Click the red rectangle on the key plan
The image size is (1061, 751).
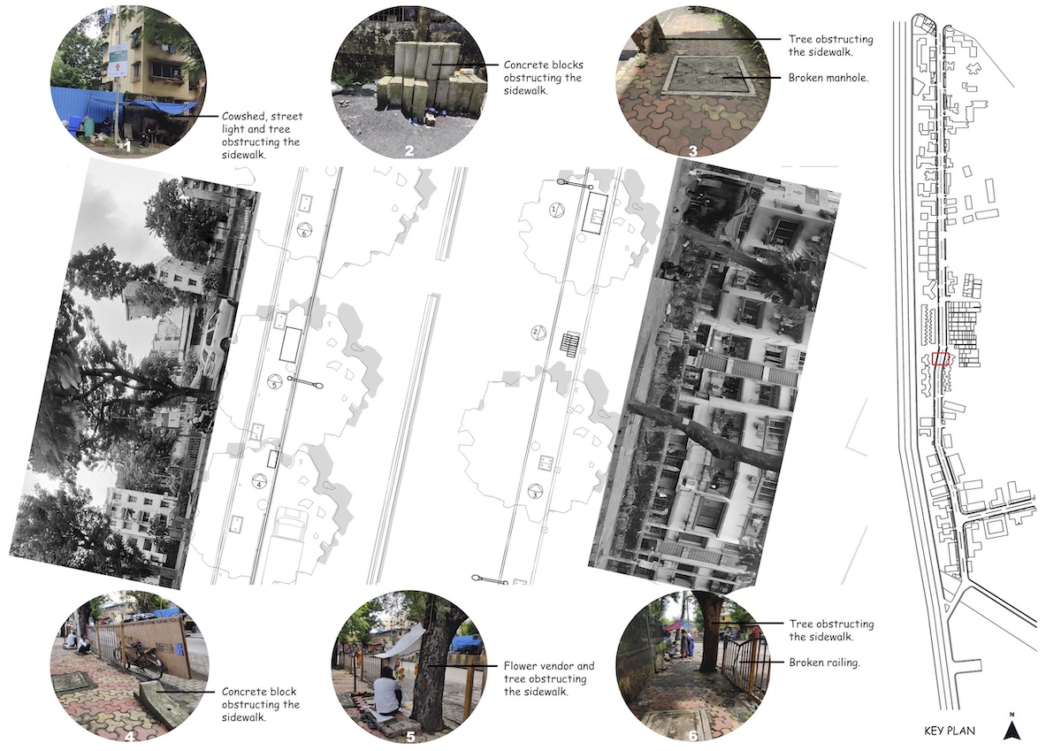click(941, 358)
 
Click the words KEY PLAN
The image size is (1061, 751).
click(950, 732)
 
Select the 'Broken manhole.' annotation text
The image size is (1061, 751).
click(828, 78)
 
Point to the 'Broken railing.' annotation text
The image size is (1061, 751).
click(824, 663)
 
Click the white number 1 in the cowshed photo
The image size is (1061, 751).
click(126, 147)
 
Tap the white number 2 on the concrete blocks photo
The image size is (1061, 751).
click(409, 150)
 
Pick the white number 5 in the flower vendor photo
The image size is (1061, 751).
click(410, 736)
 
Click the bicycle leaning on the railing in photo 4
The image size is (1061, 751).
click(138, 659)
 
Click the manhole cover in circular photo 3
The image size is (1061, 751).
click(707, 77)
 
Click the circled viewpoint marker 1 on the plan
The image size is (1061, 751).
click(556, 209)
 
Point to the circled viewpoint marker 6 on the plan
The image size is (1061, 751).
click(304, 231)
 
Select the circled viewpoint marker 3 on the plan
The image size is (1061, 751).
click(535, 491)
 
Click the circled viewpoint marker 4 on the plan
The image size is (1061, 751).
click(258, 481)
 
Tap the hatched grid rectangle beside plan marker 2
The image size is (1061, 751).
click(569, 342)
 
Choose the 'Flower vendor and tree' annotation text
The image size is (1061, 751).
click(548, 672)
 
